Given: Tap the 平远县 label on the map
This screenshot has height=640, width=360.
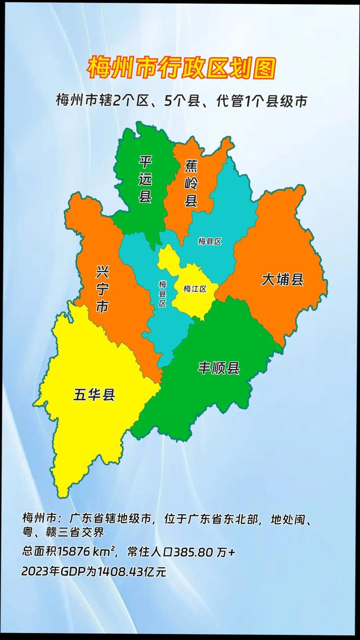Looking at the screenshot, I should point(145,180).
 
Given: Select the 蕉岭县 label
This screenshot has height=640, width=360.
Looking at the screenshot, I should point(191,183).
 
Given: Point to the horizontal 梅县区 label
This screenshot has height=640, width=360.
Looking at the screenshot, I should point(210,241).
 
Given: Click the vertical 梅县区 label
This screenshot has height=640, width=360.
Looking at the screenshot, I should point(162,293).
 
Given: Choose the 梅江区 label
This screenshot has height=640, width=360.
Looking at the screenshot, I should point(194,289).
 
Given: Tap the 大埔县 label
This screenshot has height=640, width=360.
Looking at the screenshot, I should point(283,280).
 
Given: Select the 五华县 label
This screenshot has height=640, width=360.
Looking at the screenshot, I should point(94,395).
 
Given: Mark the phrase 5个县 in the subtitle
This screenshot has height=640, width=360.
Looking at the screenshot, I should point(180,101).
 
